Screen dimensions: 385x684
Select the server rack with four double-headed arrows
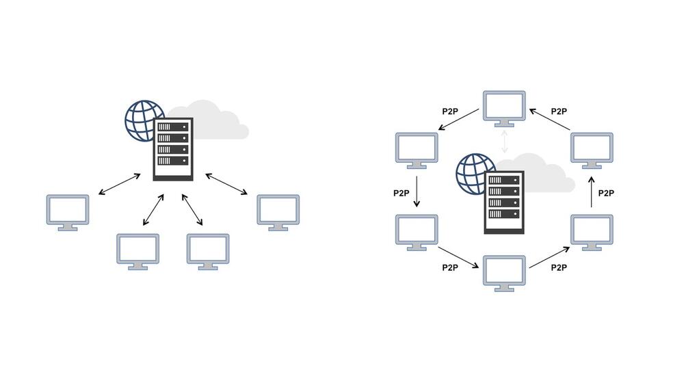pyautogui.click(x=173, y=149)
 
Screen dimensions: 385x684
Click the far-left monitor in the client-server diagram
pyautogui.click(x=67, y=211)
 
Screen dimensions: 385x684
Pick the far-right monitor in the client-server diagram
pyautogui.click(x=278, y=211)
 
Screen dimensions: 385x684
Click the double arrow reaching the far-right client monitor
pyautogui.click(x=227, y=185)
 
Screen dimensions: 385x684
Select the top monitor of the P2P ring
pyautogui.click(x=504, y=107)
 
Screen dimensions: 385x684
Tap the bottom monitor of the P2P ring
pyautogui.click(x=504, y=271)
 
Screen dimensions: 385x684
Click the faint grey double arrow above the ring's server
pyautogui.click(x=504, y=140)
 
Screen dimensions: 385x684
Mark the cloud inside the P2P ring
pyautogui.click(x=544, y=175)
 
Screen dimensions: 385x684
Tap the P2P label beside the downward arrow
pyautogui.click(x=402, y=193)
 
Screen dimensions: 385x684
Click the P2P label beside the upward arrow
pyautogui.click(x=606, y=193)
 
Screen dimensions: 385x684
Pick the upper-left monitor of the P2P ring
pyautogui.click(x=417, y=149)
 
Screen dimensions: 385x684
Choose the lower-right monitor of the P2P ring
pyautogui.click(x=592, y=231)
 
